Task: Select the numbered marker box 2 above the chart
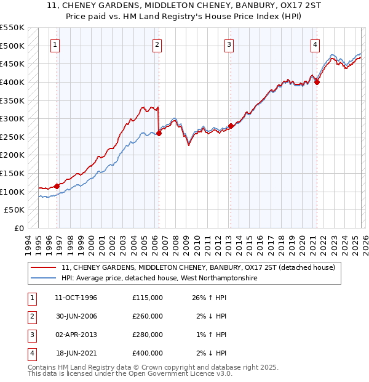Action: click(x=157, y=44)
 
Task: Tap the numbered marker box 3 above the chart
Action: click(x=229, y=44)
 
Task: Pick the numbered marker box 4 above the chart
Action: click(x=314, y=44)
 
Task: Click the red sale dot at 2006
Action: click(x=159, y=132)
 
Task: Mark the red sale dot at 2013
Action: click(x=231, y=126)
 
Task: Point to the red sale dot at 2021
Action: click(x=317, y=82)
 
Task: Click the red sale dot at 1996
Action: click(x=57, y=185)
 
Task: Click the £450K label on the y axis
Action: click(x=14, y=63)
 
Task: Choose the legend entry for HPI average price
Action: click(x=159, y=278)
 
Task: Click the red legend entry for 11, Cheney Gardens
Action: click(x=198, y=268)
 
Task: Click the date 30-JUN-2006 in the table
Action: click(x=76, y=316)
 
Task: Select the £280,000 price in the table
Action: click(x=147, y=335)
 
